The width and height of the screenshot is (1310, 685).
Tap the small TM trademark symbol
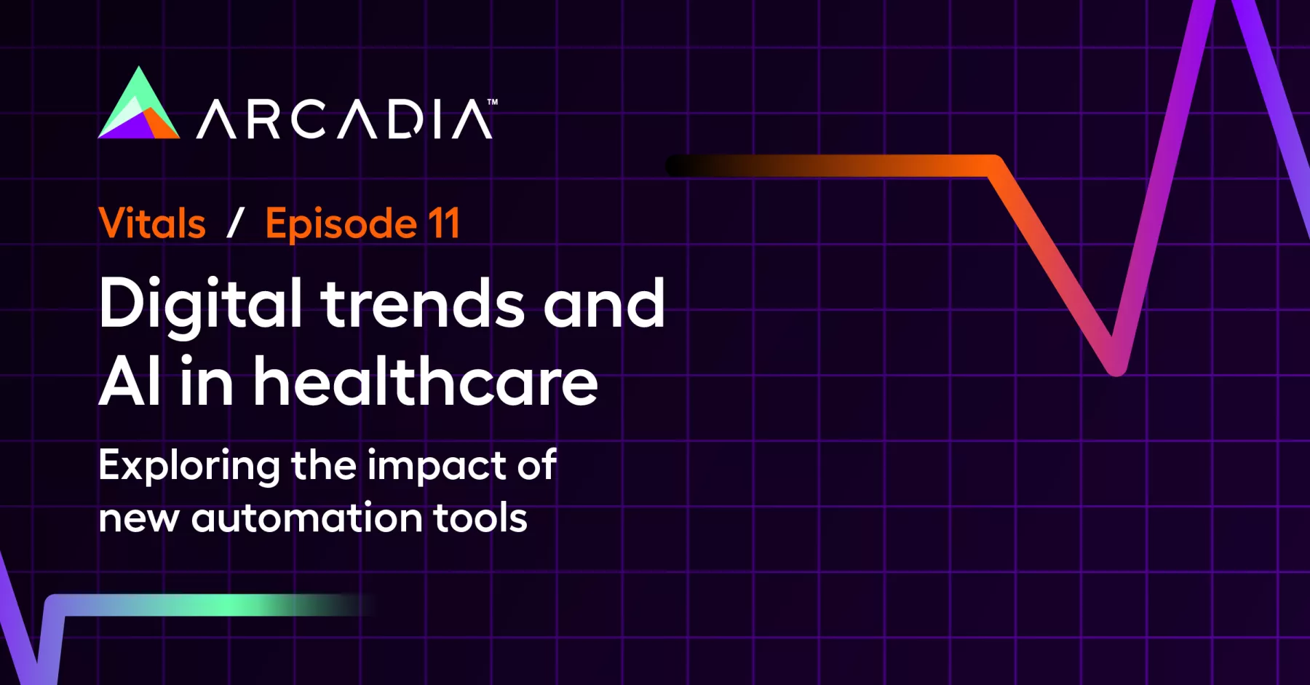pos(493,102)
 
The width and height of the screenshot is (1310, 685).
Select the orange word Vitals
pos(152,223)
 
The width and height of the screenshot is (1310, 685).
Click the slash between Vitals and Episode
pos(235,223)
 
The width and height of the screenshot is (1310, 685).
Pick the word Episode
pos(341,224)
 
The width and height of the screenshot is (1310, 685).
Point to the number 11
pos(444,223)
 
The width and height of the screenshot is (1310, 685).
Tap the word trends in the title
pos(423,304)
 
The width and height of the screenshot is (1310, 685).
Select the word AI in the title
pos(130,381)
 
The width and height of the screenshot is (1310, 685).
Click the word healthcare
pos(425,380)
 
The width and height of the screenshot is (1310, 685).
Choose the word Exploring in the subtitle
pos(189,467)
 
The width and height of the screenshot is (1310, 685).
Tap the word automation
pos(307,518)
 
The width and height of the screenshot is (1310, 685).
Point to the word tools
pos(480,518)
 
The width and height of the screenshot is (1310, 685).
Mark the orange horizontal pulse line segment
pos(830,166)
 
